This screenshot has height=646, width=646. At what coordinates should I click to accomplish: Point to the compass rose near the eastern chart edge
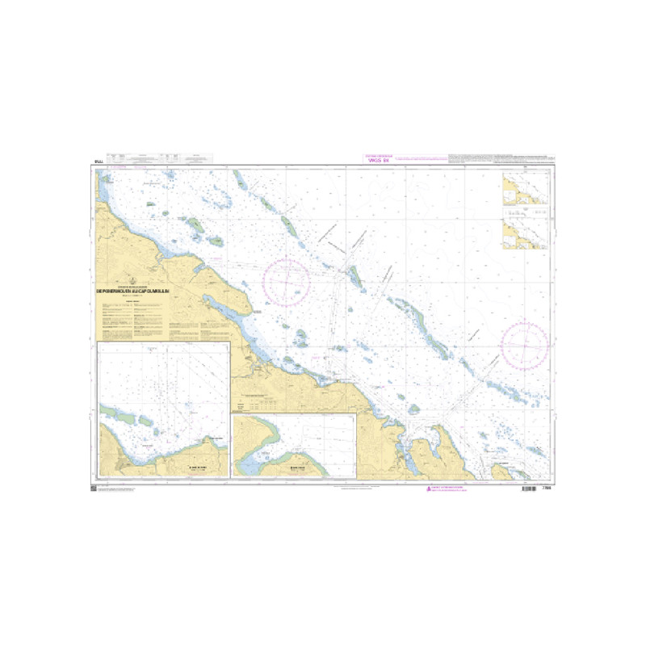coord(525,346)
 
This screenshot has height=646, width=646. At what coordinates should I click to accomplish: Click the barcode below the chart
coord(528,489)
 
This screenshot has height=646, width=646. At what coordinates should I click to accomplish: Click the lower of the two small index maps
coord(525,234)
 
